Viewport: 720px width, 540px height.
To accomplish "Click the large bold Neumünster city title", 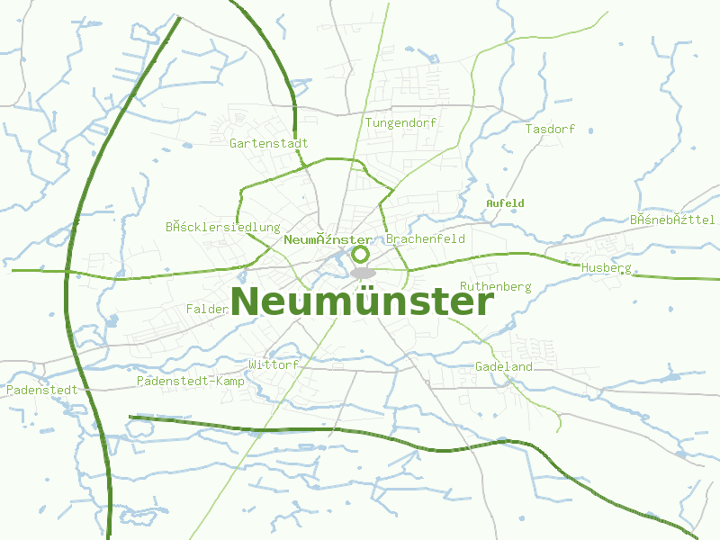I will [x=363, y=301].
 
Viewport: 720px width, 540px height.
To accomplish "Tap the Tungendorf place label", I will [x=388, y=122].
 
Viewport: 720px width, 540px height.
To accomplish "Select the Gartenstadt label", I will [x=269, y=143].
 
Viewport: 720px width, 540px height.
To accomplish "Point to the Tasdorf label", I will [x=550, y=129].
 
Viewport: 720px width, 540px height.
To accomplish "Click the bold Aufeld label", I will [x=505, y=203].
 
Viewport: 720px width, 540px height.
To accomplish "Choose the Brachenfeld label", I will [x=425, y=239].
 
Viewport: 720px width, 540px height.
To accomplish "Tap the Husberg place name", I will [x=606, y=268].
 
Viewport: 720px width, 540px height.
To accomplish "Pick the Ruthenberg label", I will [x=496, y=286].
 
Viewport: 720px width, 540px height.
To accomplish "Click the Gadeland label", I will [x=504, y=366].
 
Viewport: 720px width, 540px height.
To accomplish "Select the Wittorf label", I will [x=273, y=364].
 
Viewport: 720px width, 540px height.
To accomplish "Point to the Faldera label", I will [x=207, y=309].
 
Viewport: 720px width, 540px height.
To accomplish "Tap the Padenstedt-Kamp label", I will [x=191, y=381].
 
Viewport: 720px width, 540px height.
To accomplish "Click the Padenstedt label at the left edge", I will [x=41, y=390].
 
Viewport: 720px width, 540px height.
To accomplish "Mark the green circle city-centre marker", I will [x=361, y=255].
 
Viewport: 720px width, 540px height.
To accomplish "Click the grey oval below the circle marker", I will [x=363, y=273].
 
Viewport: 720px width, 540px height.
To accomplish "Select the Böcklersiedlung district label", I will [x=223, y=227].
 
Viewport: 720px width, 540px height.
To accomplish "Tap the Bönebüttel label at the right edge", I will [x=672, y=220].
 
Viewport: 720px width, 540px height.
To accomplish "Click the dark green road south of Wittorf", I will [x=270, y=427].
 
